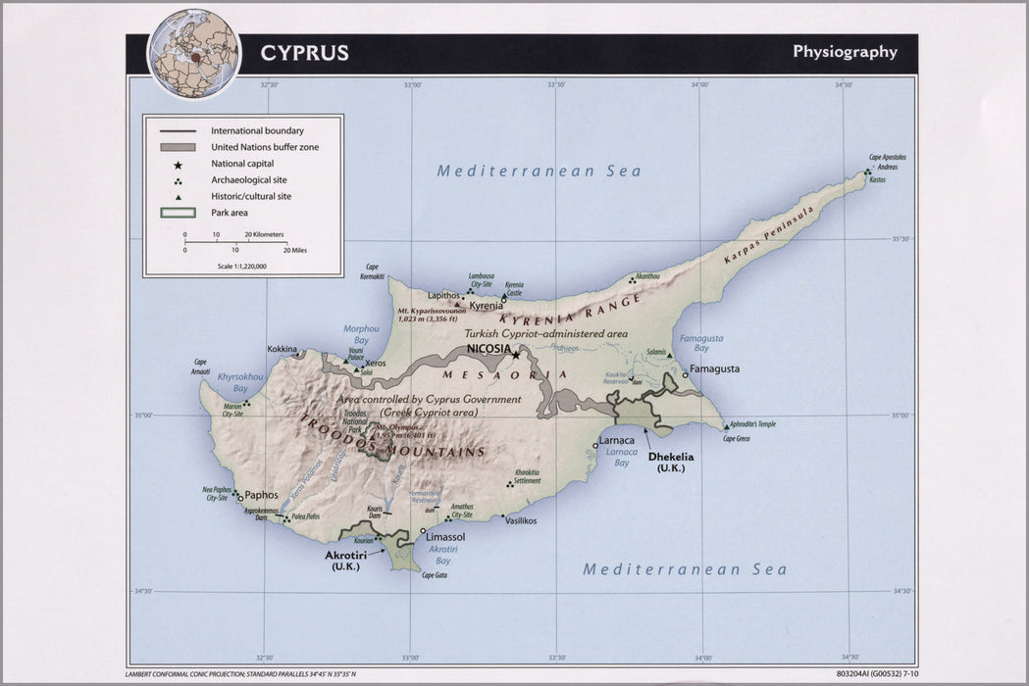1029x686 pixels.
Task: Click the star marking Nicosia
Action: [515, 355]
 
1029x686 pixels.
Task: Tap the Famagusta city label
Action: [714, 368]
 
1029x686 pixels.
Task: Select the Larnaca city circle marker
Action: [595, 446]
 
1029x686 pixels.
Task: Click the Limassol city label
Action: [444, 537]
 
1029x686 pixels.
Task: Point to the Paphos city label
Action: [261, 495]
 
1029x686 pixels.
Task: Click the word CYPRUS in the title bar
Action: [304, 53]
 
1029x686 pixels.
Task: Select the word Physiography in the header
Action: [845, 52]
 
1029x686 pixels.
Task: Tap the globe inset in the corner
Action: [193, 53]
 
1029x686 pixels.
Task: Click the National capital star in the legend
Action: [178, 164]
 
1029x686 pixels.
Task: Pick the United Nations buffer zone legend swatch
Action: [178, 147]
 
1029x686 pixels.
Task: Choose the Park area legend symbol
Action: [178, 212]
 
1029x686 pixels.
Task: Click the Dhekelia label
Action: [670, 457]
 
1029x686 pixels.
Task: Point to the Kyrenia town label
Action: [487, 306]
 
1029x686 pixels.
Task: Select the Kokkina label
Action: [283, 349]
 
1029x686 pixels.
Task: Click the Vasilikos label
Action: [520, 520]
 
